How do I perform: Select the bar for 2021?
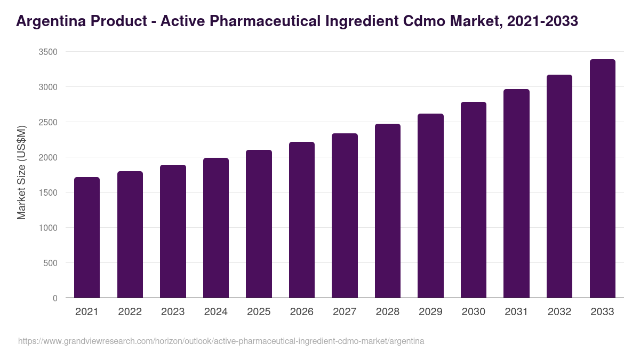(x=87, y=237)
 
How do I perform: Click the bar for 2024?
(x=216, y=228)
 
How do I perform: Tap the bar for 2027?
(x=345, y=215)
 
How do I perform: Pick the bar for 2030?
(x=474, y=200)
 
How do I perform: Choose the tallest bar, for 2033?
(x=602, y=179)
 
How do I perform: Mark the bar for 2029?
(x=430, y=206)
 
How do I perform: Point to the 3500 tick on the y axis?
(x=48, y=52)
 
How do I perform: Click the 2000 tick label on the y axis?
(x=48, y=157)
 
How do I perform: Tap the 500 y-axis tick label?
(x=50, y=263)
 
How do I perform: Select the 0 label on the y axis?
(x=55, y=298)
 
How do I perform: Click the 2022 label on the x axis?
(x=130, y=312)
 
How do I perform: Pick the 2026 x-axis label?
(x=302, y=312)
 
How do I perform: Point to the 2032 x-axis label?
(x=559, y=312)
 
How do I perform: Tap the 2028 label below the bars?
(x=388, y=312)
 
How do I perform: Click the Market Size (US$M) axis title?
(x=21, y=172)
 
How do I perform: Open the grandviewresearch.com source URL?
(x=221, y=341)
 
